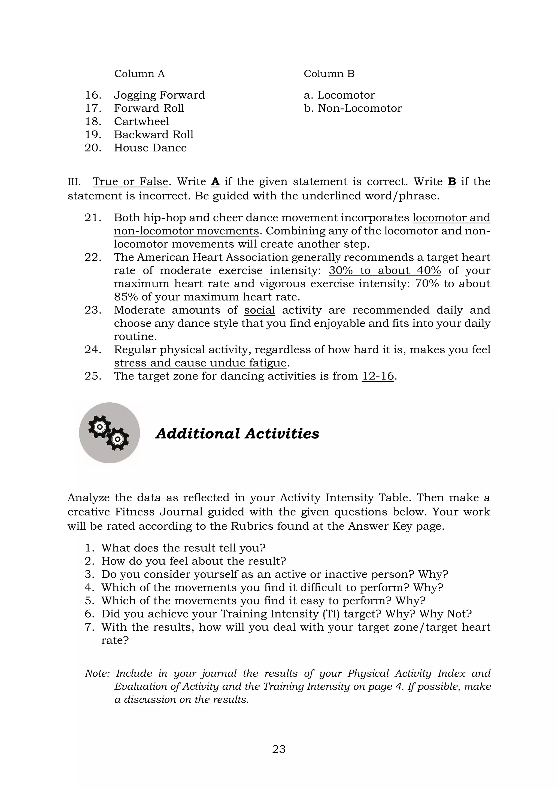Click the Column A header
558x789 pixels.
pos(139,74)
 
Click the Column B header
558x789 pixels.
pos(329,74)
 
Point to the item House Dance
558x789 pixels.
pos(150,148)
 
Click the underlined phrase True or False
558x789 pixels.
pos(130,181)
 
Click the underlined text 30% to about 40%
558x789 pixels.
pos(384,271)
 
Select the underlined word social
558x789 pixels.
pos(259,310)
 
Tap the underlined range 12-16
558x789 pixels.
pos(378,376)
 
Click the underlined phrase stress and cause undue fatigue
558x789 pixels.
pos(200,363)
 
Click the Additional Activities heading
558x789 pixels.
pos(237,433)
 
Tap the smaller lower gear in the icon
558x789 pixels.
pos(117,439)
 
